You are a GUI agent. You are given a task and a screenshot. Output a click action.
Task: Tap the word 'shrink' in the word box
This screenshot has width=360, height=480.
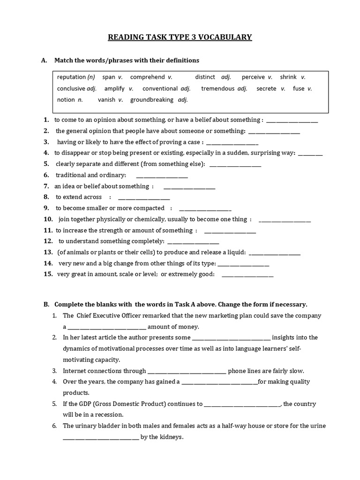click(x=288, y=77)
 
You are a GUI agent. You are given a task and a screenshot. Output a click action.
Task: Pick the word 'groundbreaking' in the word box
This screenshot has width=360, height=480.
click(x=151, y=99)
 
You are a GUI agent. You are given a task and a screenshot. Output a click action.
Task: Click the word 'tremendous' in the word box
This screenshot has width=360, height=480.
click(x=217, y=88)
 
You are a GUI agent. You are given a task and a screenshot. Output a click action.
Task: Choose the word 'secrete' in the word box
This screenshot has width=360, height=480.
click(x=266, y=88)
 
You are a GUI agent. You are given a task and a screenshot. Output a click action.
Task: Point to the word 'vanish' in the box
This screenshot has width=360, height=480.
click(x=106, y=99)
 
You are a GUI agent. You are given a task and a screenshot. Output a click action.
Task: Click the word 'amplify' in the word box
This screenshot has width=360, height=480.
click(x=115, y=88)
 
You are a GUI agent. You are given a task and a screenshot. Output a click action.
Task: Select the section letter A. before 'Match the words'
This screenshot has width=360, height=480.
click(x=45, y=60)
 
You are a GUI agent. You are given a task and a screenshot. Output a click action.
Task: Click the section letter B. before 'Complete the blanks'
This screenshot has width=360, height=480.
click(x=46, y=304)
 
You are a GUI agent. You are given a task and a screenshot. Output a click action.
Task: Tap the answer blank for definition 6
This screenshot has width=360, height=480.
click(x=162, y=176)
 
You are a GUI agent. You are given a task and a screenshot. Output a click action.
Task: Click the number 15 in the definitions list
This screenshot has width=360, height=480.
click(x=48, y=274)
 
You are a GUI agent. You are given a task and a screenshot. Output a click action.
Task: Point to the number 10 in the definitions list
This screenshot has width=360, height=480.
click(x=48, y=219)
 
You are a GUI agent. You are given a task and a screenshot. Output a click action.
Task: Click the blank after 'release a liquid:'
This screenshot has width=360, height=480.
click(x=275, y=254)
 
